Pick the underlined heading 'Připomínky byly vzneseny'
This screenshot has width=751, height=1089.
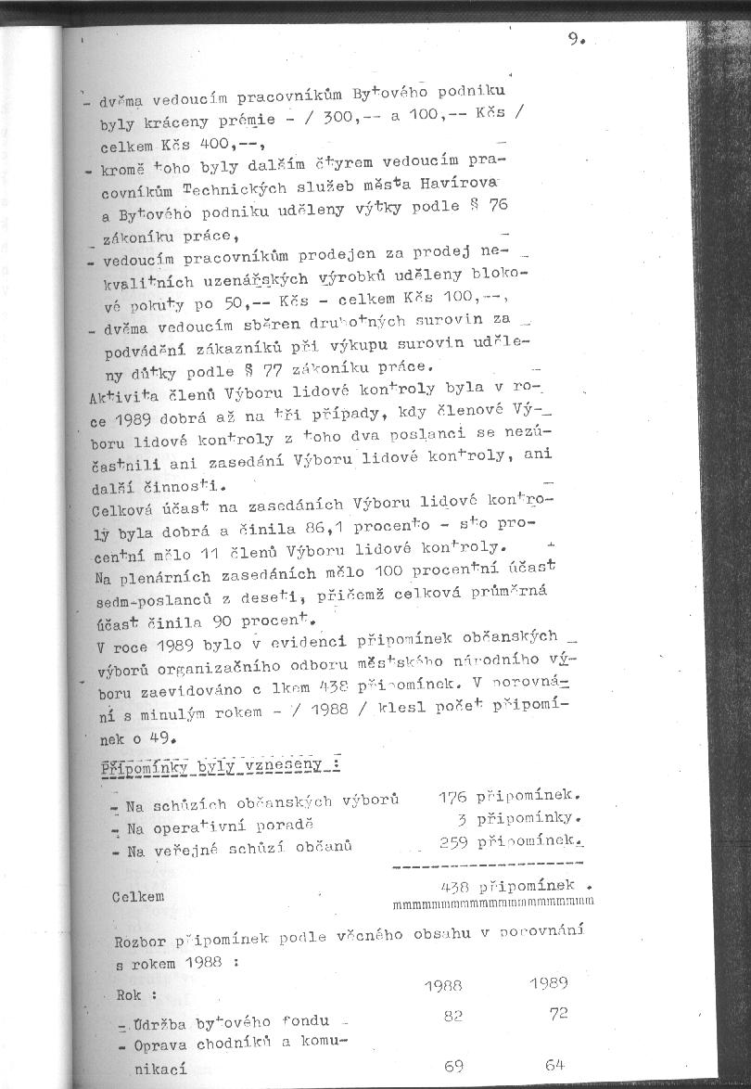click(x=219, y=765)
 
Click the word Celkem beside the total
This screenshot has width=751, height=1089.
click(x=138, y=896)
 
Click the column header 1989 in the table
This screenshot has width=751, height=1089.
click(x=548, y=982)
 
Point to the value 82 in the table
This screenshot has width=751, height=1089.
click(x=453, y=1017)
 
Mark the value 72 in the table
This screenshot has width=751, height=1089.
click(x=558, y=1014)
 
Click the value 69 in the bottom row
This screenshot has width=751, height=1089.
click(x=453, y=1067)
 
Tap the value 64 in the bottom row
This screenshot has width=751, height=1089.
click(x=555, y=1064)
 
